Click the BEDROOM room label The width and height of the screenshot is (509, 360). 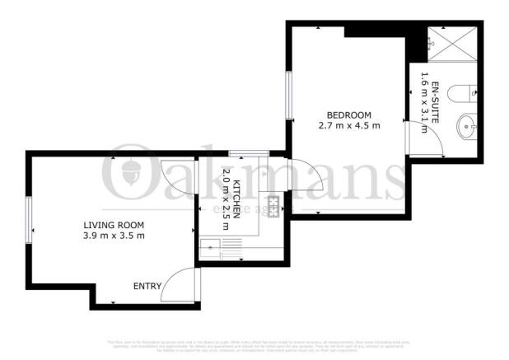coord(348,115)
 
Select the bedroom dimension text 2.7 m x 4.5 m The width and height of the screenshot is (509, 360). coord(348,126)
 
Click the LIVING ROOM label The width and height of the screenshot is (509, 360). coord(114,225)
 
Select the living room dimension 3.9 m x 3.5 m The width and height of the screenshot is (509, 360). coord(114,236)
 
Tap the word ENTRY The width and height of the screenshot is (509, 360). coord(147,287)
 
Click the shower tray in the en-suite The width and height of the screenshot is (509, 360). coord(450,42)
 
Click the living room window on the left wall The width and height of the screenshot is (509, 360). coord(29,215)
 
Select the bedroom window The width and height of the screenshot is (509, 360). coord(288,96)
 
